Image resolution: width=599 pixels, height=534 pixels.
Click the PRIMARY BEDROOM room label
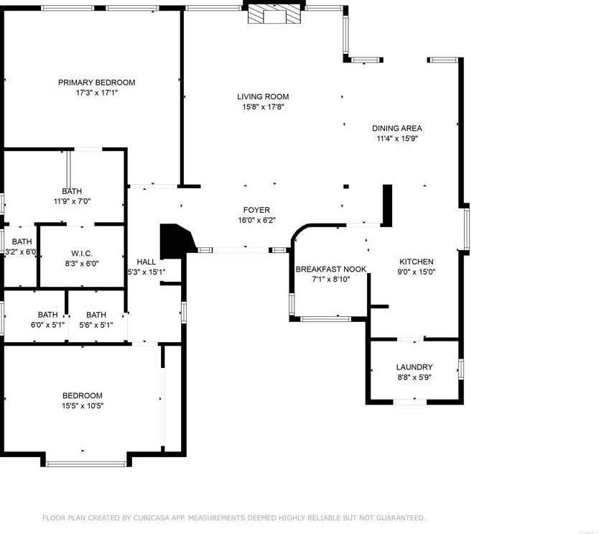pyautogui.click(x=96, y=83)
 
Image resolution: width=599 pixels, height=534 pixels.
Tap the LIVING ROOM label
pyautogui.click(x=263, y=97)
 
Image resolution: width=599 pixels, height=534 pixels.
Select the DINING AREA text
pyautogui.click(x=396, y=129)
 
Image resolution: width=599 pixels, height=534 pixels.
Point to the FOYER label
pyautogui.click(x=256, y=211)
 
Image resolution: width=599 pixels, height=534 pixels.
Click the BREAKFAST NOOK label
pyautogui.click(x=331, y=270)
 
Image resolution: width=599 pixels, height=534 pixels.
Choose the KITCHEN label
pyautogui.click(x=417, y=262)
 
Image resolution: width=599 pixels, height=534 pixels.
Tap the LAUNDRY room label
pyautogui.click(x=414, y=367)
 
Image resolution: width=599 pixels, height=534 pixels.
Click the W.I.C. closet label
pyautogui.click(x=81, y=254)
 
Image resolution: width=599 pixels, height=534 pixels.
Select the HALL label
pyautogui.click(x=147, y=262)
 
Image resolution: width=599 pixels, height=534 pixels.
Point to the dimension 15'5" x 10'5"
pyautogui.click(x=82, y=406)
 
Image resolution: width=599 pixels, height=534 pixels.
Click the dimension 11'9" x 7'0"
pyautogui.click(x=72, y=201)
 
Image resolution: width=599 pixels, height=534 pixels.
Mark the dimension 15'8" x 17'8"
pyautogui.click(x=263, y=108)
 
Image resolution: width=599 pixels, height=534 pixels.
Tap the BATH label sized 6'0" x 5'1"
pyautogui.click(x=48, y=315)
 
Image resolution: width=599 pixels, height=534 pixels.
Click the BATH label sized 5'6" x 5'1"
pyautogui.click(x=96, y=315)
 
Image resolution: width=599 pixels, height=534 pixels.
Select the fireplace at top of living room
pyautogui.click(x=276, y=14)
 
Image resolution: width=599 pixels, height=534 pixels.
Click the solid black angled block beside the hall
pyautogui.click(x=175, y=241)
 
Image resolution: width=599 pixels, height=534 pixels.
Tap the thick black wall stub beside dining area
pyautogui.click(x=387, y=206)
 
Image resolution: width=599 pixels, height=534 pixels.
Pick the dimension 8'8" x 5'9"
pyautogui.click(x=414, y=377)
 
